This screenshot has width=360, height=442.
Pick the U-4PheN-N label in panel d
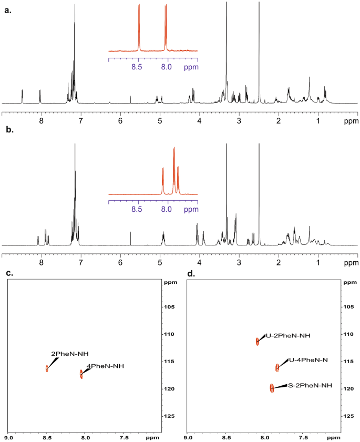(x=309, y=361)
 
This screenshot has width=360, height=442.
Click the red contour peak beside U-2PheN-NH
(x=258, y=341)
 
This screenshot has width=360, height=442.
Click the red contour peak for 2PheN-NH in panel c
(x=47, y=368)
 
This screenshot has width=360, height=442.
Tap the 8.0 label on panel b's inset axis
(x=167, y=209)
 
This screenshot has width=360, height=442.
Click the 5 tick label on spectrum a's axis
(x=160, y=120)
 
